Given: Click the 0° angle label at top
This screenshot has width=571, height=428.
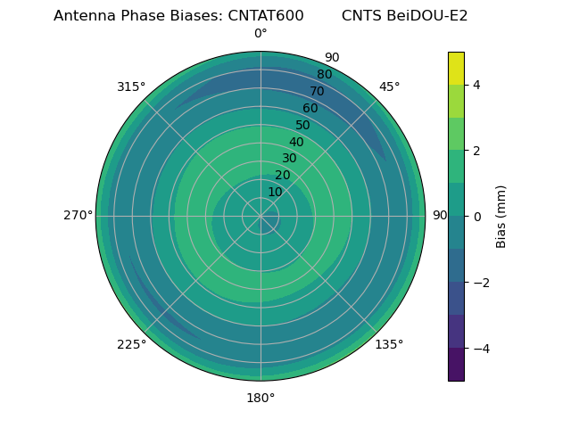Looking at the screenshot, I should point(261,34).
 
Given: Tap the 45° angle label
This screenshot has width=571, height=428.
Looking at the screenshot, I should point(390,86).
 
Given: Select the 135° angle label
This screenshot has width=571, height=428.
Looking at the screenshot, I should point(389,344).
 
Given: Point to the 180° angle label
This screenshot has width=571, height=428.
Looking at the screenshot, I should point(261,398).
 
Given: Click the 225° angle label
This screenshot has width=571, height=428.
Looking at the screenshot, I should point(131,344).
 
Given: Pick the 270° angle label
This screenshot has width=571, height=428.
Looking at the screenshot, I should point(79,215).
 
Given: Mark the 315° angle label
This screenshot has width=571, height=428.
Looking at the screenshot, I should point(131,86).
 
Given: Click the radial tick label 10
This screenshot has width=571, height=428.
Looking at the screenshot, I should point(275,192).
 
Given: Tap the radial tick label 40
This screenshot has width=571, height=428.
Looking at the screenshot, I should point(296,142).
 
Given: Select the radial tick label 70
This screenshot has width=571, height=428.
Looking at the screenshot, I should point(317,91).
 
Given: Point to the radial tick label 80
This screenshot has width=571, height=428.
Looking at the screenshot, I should point(324,75).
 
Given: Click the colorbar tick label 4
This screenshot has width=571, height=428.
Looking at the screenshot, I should point(477,85).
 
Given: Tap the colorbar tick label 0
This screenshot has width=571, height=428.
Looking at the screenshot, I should point(477,216).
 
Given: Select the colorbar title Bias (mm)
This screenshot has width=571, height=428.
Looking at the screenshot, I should point(501,216).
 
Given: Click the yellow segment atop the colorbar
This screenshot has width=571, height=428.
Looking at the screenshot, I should point(456,68).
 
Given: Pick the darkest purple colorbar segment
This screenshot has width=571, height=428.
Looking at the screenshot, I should point(456,364).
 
